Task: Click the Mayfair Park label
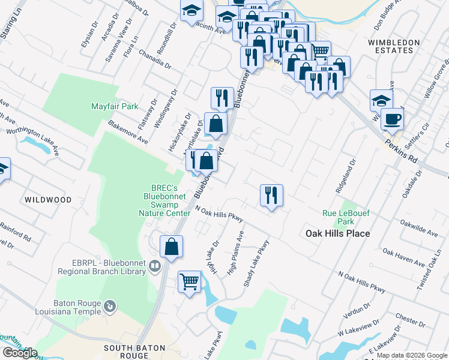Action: pos(115,107)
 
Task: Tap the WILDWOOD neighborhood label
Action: pos(48,199)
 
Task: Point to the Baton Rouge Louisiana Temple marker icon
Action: pos(109,307)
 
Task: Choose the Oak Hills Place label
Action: pos(337,233)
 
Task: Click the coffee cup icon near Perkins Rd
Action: pos(392,119)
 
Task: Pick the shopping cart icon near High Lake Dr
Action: pos(189,281)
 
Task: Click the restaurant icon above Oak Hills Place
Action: pos(271,194)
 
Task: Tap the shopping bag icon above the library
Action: pos(171,246)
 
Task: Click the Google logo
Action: pos(19,353)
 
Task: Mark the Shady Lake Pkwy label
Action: pos(256,263)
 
